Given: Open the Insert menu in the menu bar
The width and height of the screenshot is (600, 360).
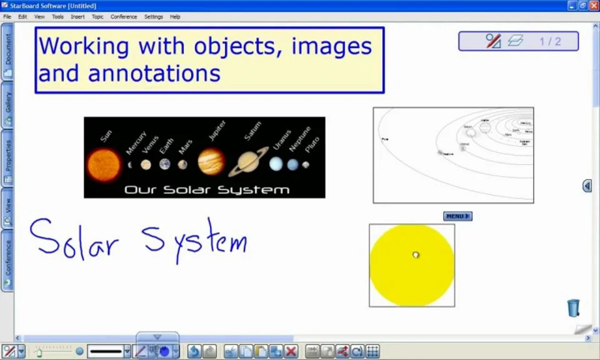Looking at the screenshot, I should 77,17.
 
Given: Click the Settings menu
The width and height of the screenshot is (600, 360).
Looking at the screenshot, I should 153,17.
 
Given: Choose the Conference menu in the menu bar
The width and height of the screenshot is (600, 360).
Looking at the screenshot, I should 124,17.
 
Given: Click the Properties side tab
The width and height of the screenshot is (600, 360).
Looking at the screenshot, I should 7,160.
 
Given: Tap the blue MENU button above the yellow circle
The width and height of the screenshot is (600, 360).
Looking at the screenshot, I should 457,216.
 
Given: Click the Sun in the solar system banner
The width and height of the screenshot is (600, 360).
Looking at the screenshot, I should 104,164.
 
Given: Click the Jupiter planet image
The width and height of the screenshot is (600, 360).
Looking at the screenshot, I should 211,161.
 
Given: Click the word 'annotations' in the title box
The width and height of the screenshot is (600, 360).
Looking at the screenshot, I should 154,74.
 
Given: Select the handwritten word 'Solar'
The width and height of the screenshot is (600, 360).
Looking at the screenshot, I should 74,238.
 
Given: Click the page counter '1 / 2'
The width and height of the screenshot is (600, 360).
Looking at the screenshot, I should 550,42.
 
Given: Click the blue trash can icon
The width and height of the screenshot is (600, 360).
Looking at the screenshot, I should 573,307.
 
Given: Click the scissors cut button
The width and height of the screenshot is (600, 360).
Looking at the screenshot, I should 231,351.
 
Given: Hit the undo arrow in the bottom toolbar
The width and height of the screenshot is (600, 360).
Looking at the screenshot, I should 194,351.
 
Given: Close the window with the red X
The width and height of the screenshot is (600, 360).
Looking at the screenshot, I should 594,6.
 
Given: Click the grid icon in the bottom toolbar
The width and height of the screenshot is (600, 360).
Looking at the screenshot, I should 372,351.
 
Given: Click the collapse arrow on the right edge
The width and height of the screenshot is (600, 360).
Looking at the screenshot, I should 587,186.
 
